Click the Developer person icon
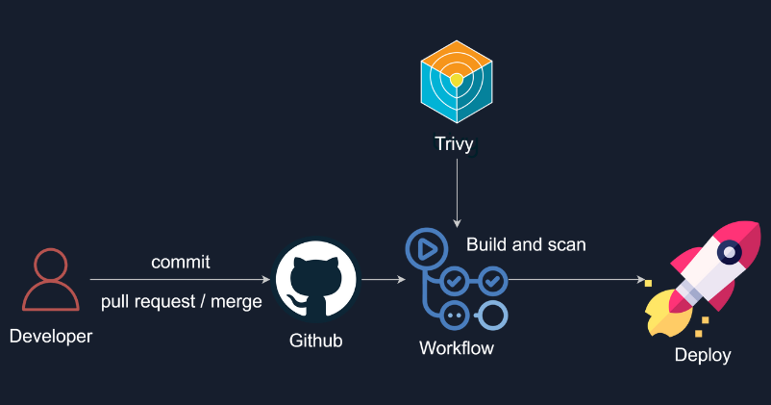49,280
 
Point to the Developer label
51,337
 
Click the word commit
181,262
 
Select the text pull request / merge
182,302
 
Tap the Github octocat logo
316,280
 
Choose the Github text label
316,341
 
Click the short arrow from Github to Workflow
382,280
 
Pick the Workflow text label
457,347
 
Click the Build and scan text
526,244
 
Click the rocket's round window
730,252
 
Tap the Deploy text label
703,355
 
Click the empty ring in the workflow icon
492,315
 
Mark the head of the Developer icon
49,265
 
